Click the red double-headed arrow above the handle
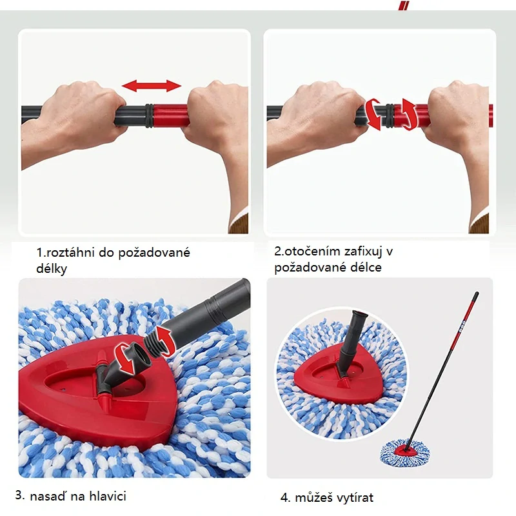point(152,86)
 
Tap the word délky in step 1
point(52,268)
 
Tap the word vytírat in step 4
point(352,497)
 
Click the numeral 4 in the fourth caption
point(284,497)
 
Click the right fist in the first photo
point(213,116)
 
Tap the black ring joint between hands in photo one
point(149,116)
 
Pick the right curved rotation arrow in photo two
point(408,114)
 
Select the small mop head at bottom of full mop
point(406,448)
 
